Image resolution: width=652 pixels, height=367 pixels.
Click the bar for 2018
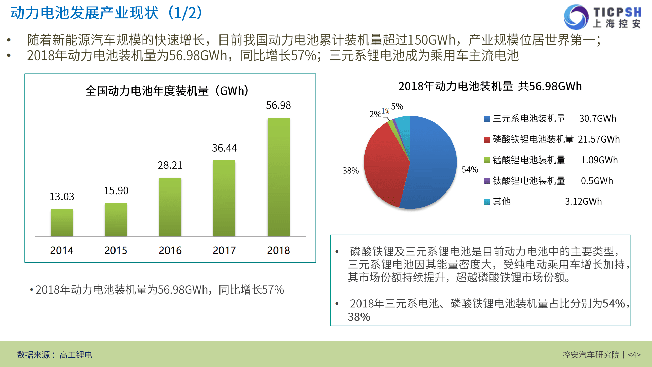point(279,177)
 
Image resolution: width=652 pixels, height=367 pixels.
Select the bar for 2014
point(62,223)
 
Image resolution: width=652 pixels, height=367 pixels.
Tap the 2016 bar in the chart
point(170,207)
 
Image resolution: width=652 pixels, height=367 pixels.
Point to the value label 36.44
point(224,148)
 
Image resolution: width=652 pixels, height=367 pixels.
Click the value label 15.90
point(116,190)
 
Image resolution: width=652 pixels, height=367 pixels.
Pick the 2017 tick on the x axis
point(224,250)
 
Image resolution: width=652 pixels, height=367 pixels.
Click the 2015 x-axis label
point(116,250)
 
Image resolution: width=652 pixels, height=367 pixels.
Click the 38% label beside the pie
point(350,171)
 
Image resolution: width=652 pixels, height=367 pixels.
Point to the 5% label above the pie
point(397,106)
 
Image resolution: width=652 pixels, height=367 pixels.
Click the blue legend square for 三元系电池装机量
point(487,119)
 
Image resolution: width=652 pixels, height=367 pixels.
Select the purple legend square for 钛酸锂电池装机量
point(487,181)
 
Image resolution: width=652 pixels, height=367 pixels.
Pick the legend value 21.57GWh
point(599,139)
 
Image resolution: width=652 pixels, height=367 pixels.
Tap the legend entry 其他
point(501,202)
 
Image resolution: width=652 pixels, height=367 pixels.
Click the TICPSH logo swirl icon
point(576,17)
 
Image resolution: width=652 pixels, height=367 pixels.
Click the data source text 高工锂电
point(76,355)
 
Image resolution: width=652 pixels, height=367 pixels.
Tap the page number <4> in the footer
point(634,355)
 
